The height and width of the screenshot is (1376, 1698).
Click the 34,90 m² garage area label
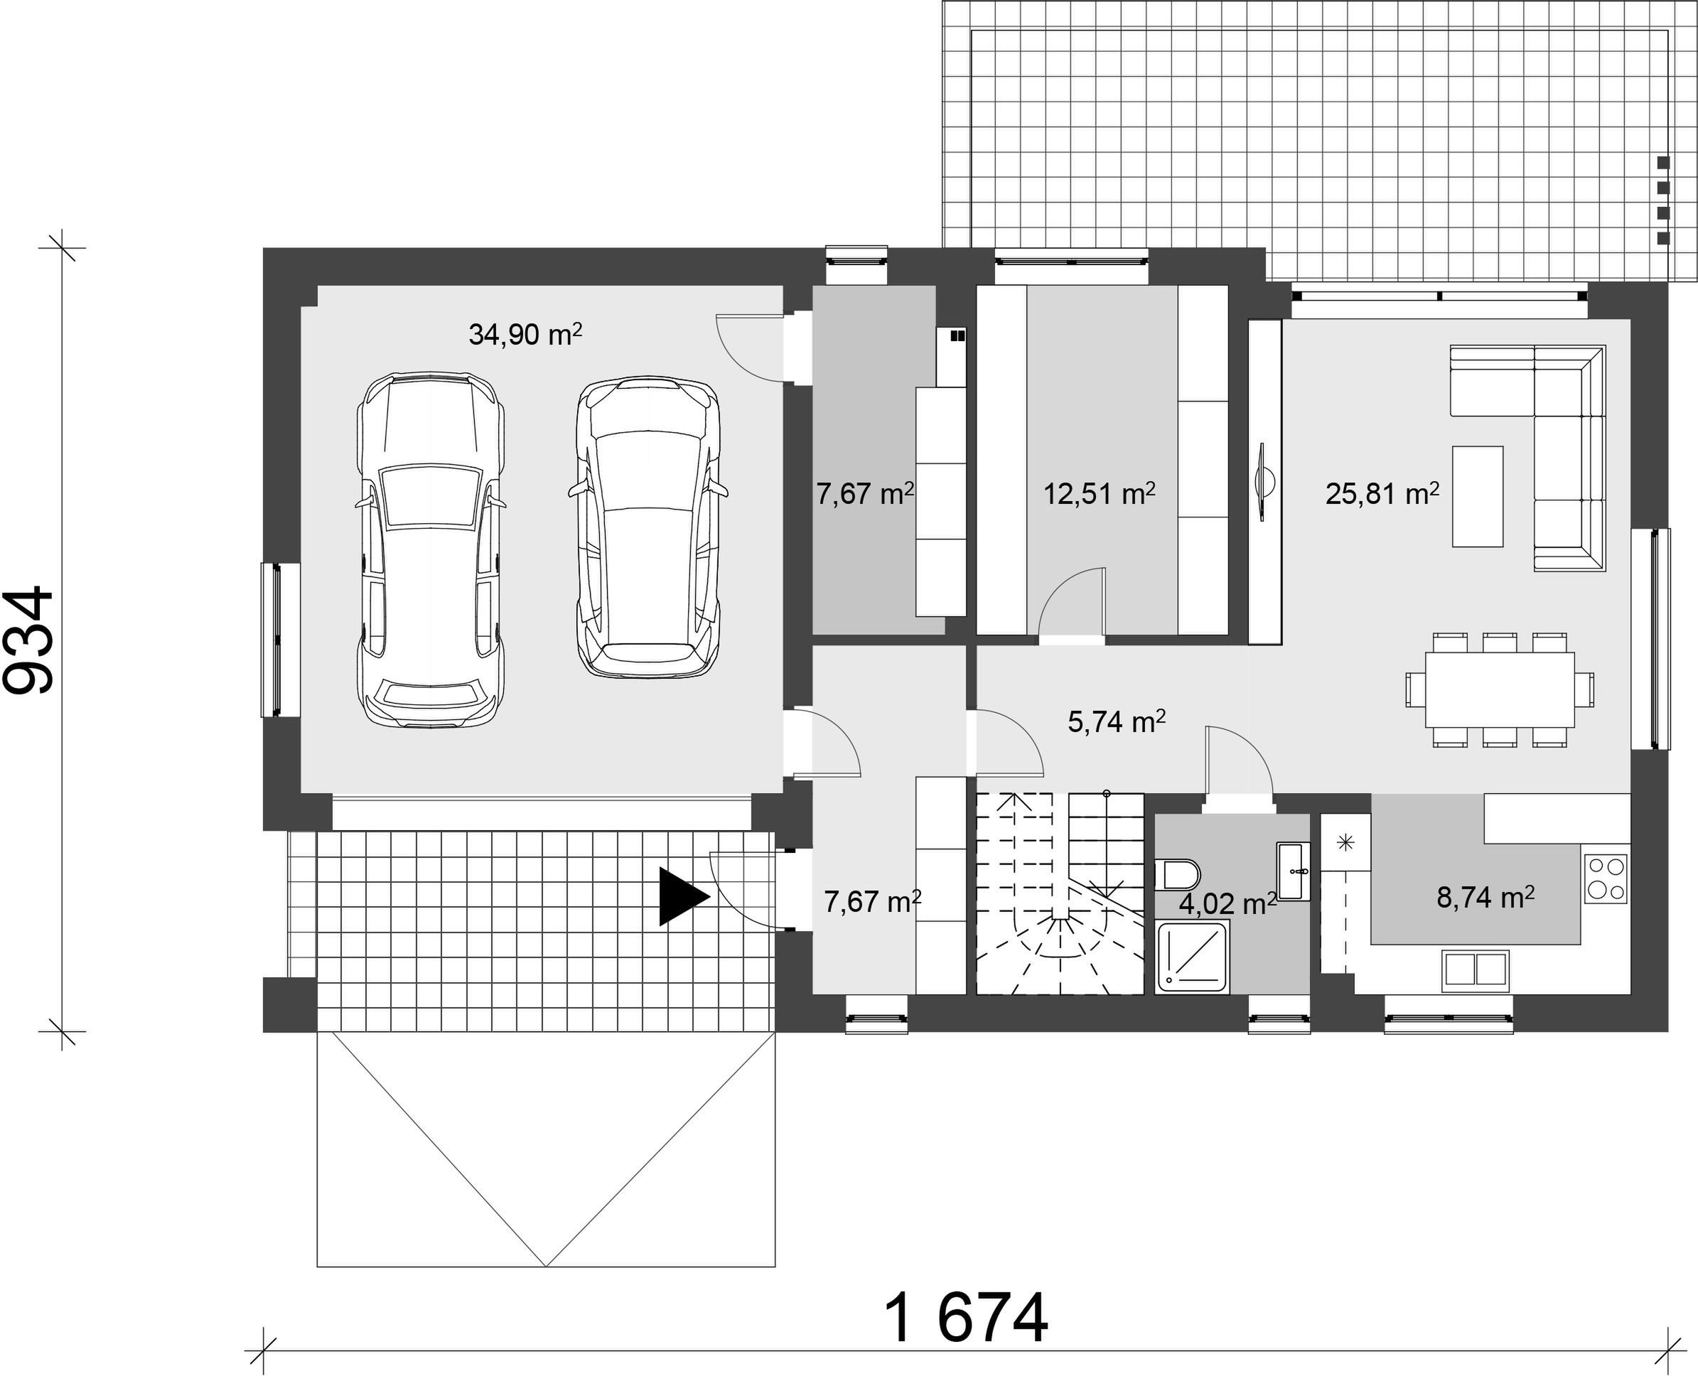point(525,335)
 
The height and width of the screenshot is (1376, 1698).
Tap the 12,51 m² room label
point(1099,494)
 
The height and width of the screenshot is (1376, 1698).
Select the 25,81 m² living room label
point(1382,495)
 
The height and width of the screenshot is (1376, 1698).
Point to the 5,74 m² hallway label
point(1116,722)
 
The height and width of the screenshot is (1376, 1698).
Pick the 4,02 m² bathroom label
point(1228,904)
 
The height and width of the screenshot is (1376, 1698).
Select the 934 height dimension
point(28,640)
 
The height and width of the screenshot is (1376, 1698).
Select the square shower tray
point(1194,956)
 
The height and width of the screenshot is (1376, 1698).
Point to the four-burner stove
point(1606,878)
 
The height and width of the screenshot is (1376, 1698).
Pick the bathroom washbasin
point(1294,871)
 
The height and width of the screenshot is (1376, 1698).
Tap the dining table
point(1500,689)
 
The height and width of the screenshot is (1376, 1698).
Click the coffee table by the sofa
point(1478,496)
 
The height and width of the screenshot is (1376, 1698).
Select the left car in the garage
point(431,549)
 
